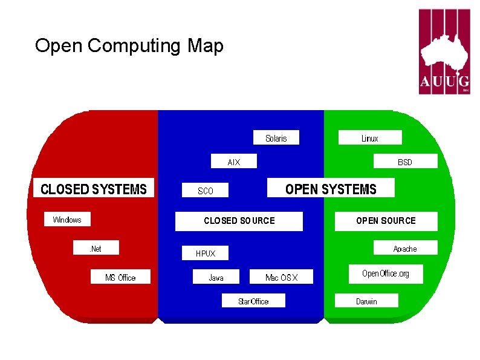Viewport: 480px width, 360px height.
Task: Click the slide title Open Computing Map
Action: (129, 46)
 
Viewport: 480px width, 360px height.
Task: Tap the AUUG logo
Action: (444, 52)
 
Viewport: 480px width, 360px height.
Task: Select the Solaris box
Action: (276, 139)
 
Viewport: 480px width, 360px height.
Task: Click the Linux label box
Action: (369, 139)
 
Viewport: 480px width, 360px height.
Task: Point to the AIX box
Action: (233, 162)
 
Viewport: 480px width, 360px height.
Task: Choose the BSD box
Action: (405, 162)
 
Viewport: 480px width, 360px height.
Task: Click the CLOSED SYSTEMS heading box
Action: (94, 189)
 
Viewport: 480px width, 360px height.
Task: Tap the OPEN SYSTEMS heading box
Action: (331, 189)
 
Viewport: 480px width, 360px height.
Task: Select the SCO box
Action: (206, 191)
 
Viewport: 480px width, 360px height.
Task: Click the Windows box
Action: (67, 220)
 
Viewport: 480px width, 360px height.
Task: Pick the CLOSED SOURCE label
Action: (239, 221)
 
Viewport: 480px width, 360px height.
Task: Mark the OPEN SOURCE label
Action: (386, 221)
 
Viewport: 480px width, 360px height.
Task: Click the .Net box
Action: (96, 248)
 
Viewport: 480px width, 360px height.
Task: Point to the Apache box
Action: (405, 248)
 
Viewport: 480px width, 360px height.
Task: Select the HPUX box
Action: (206, 254)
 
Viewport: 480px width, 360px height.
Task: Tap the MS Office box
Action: (120, 277)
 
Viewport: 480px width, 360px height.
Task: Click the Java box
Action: (216, 277)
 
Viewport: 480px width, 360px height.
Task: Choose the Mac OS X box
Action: (281, 277)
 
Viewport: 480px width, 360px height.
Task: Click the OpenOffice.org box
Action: (386, 273)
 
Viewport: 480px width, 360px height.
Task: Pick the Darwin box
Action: (366, 301)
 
